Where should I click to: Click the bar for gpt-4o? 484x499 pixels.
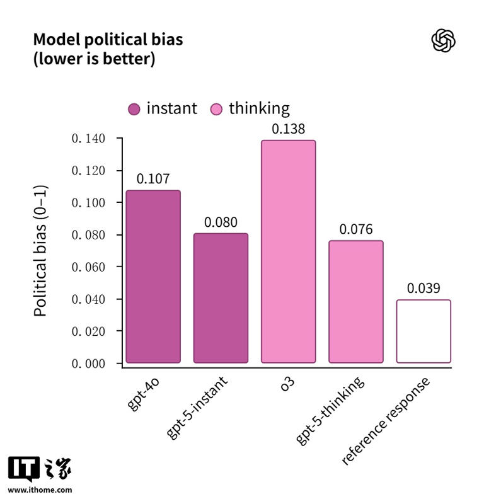(x=153, y=277)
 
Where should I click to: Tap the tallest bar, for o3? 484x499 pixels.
(x=288, y=251)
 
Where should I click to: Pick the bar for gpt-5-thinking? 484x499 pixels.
(x=356, y=302)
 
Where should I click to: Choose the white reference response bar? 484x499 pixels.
(x=423, y=331)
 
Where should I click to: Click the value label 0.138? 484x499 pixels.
(x=288, y=129)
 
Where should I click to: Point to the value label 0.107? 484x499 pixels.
(x=153, y=179)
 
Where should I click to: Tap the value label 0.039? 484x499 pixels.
(x=423, y=288)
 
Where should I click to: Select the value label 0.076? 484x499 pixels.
(x=356, y=229)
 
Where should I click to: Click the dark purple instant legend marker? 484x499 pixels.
(x=134, y=110)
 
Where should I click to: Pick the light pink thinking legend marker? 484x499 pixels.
(x=216, y=110)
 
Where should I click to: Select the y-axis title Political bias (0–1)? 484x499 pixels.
(x=40, y=251)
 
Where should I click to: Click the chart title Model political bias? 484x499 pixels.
(x=108, y=40)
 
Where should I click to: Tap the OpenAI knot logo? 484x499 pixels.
(x=443, y=41)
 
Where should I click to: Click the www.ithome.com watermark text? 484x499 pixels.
(x=40, y=490)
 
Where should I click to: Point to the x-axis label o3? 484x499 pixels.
(x=287, y=383)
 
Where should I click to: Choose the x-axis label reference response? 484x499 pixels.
(x=386, y=421)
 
